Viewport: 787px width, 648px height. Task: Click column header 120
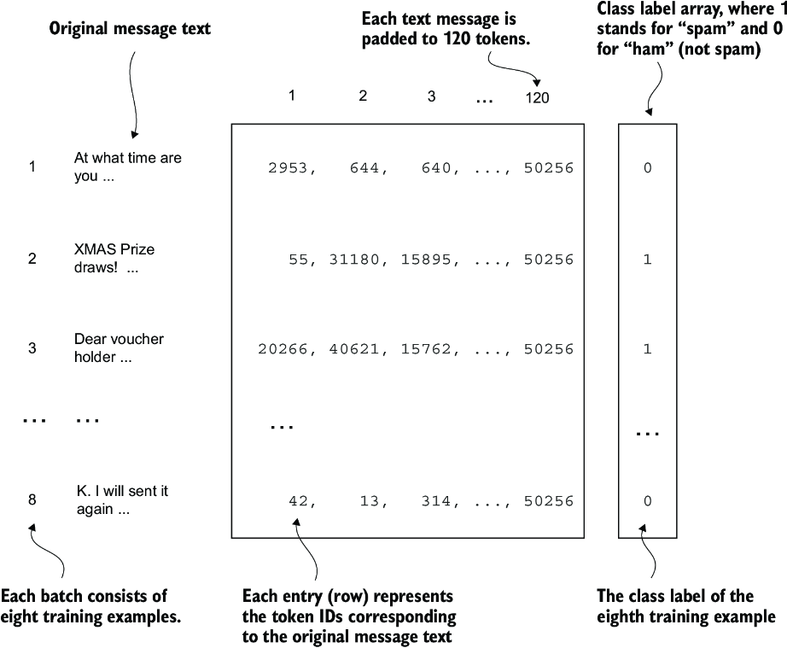click(537, 97)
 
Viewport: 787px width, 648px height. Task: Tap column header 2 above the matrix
click(363, 96)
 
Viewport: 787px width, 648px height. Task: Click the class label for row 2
click(647, 259)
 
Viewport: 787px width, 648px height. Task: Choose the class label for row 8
click(647, 501)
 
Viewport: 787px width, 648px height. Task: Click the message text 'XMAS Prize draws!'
click(114, 258)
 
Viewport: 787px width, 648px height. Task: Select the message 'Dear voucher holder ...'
click(119, 347)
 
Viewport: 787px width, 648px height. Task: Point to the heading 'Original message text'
click(130, 29)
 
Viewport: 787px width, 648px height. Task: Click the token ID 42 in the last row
click(297, 501)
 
